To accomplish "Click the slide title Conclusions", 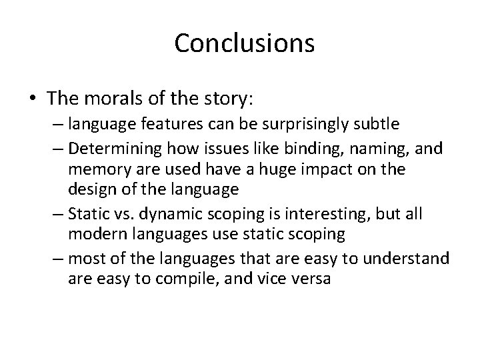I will pos(244,43).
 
